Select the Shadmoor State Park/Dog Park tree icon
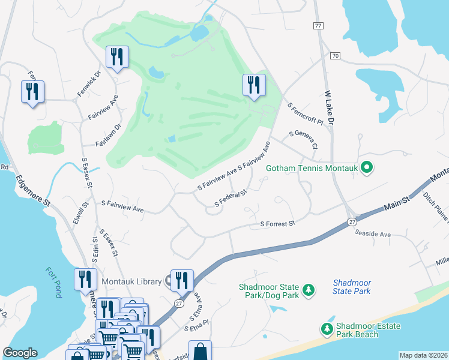(x=309, y=290)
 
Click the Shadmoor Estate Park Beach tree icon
(x=327, y=328)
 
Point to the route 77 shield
(x=318, y=26)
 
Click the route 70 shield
(x=335, y=56)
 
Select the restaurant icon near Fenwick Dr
(x=115, y=57)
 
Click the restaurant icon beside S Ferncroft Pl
(x=254, y=85)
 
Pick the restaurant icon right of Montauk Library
(x=182, y=280)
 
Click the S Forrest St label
(x=278, y=224)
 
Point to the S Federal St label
(x=231, y=199)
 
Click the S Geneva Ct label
(x=303, y=140)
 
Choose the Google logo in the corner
(x=20, y=353)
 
